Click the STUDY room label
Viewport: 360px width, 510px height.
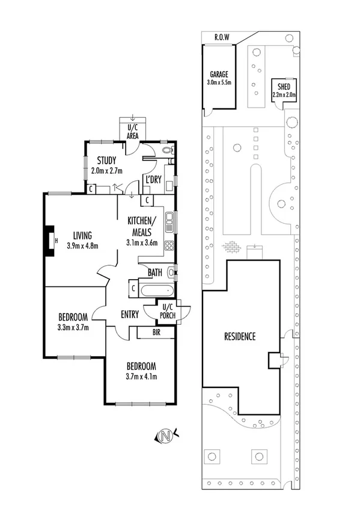point(106,160)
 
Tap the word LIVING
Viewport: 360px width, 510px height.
point(83,235)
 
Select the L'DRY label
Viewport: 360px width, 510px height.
point(153,179)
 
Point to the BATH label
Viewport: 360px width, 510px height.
point(155,273)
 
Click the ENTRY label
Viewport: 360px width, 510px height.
point(130,314)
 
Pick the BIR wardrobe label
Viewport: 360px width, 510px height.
point(156,331)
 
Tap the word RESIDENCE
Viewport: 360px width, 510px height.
point(239,336)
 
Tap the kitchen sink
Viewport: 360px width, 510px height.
point(170,222)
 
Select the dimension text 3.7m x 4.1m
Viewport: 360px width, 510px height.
point(141,376)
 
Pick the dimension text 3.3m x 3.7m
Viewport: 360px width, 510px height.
point(73,327)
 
